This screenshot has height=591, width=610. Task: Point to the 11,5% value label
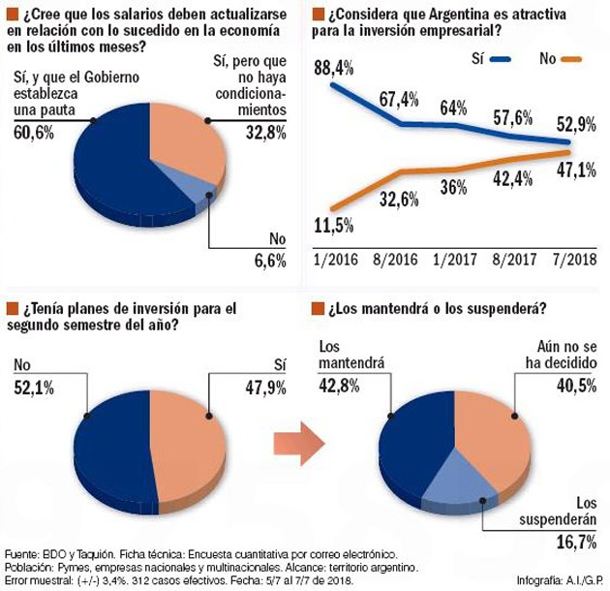pyautogui.click(x=334, y=226)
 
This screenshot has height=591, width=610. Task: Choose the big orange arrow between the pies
pyautogui.click(x=297, y=444)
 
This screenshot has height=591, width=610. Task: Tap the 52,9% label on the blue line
pyautogui.click(x=578, y=125)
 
